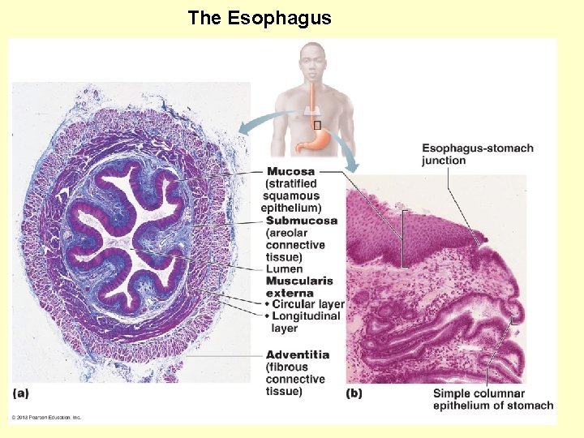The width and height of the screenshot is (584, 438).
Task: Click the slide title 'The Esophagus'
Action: pos(260,18)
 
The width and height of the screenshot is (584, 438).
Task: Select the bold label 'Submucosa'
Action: pos(302,221)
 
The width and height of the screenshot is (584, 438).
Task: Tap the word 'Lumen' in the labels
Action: pos(284,269)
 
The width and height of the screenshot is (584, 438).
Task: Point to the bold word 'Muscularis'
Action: pos(299,281)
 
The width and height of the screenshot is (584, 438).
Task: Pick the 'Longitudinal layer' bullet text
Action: pos(306,316)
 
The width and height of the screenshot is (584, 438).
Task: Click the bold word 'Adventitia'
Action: pos(298,354)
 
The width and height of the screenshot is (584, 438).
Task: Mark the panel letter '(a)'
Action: pos(21,393)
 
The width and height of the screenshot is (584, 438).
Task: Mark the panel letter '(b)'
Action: pos(354,393)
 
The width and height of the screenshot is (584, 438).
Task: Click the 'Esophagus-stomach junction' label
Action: pos(477,154)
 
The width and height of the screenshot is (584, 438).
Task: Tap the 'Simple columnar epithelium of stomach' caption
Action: pos(492,399)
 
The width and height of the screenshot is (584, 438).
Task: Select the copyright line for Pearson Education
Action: pos(46,418)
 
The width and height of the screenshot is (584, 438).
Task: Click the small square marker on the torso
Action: pos(317,125)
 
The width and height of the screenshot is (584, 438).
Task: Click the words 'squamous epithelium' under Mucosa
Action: pos(292,201)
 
